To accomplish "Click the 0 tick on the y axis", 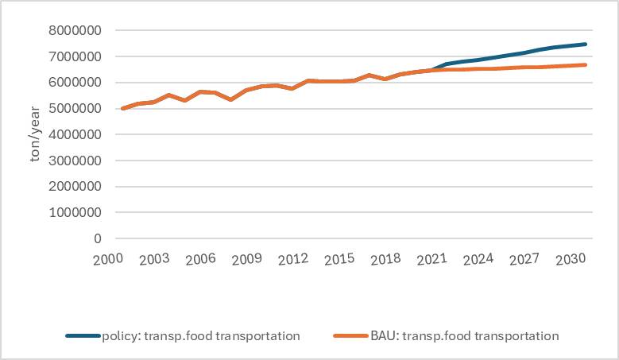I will point(98,238).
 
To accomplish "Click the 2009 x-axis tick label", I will point(246,259).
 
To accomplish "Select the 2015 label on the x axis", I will point(339,259).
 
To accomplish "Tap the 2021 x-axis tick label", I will point(431,259).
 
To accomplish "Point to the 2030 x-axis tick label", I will point(571,259).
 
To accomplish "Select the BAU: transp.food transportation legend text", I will point(464,336).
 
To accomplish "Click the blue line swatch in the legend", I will point(83,336).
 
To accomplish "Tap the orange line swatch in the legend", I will point(350,336).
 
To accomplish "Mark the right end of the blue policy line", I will point(586,45).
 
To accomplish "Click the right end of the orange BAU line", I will point(586,65).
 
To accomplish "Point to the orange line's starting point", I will point(122,108).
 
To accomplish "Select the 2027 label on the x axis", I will point(524,259).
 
